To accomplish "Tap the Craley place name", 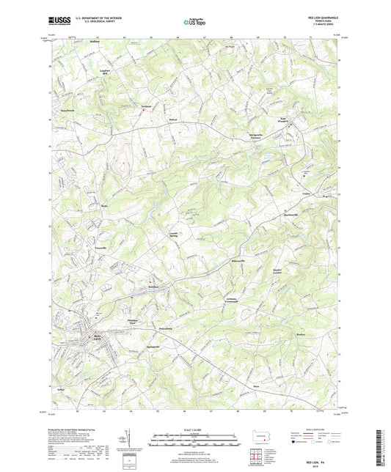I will pos(307,193).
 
